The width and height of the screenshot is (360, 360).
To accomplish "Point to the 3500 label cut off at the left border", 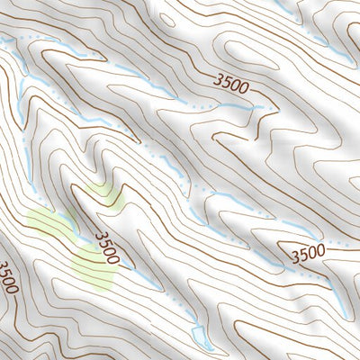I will coord(7,278).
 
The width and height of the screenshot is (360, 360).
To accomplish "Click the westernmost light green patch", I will coord(49,225).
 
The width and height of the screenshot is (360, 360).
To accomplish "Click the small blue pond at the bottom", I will coord(202,343).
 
